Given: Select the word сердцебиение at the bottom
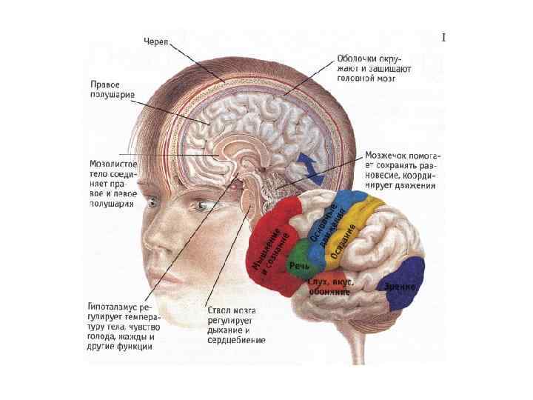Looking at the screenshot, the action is tap(237, 341).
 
